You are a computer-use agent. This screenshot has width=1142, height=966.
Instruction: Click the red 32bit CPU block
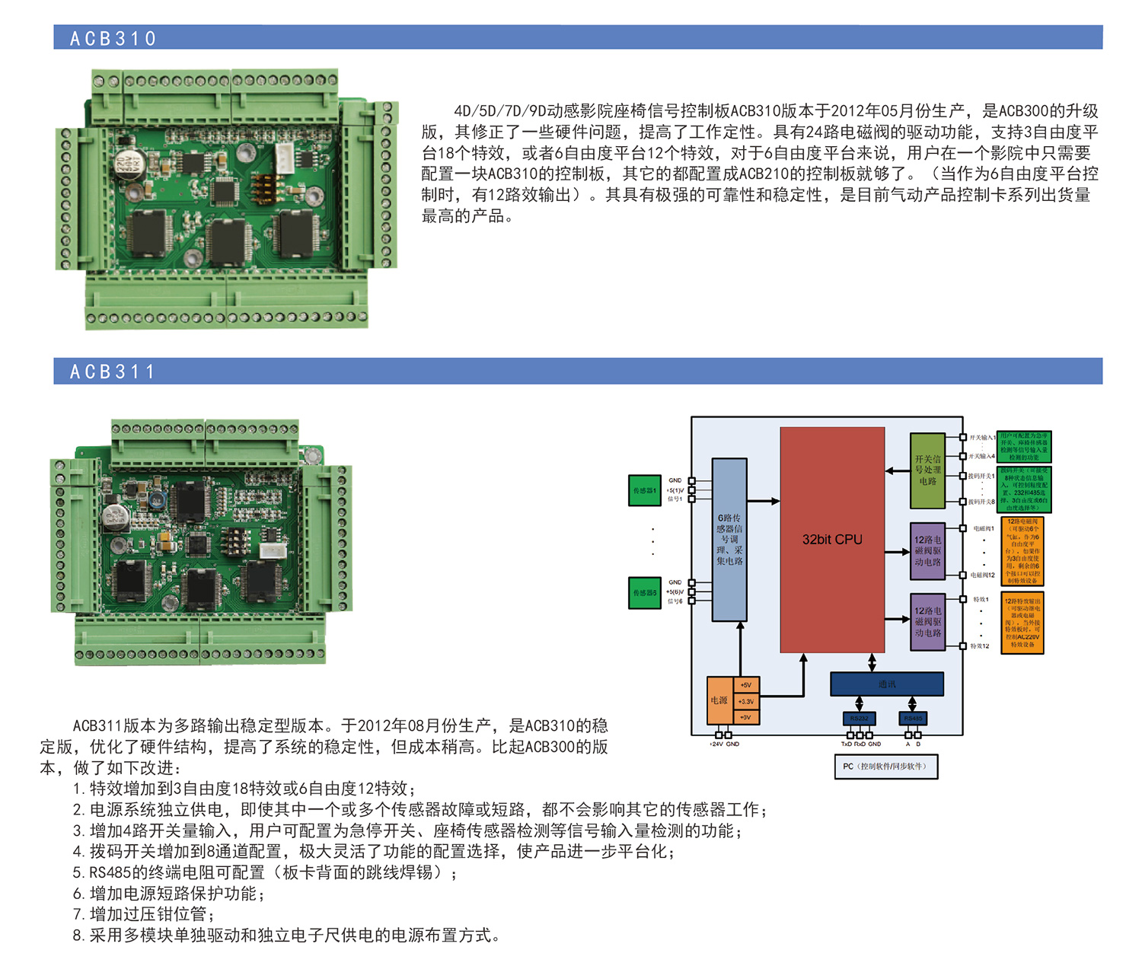point(832,539)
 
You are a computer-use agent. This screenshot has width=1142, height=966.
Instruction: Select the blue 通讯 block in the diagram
point(886,684)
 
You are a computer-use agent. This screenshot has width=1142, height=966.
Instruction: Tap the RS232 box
point(860,718)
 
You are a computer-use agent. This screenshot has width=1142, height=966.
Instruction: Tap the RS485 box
point(912,718)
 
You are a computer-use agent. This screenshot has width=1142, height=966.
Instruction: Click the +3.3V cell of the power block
point(746,701)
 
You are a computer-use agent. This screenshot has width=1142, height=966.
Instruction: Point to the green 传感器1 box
point(644,490)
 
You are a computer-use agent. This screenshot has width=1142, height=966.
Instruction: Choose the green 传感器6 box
point(644,592)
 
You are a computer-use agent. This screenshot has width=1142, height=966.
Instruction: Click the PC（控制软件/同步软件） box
point(885,766)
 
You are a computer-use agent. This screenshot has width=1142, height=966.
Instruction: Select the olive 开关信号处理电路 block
point(927,470)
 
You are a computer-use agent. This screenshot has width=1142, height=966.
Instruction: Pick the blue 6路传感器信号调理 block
point(729,539)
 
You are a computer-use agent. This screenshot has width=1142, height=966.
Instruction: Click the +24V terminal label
point(716,744)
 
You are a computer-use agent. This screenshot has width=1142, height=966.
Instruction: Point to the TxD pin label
point(847,744)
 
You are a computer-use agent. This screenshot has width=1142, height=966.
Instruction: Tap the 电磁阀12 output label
point(982,575)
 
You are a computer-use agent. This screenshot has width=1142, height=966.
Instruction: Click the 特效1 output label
point(981,599)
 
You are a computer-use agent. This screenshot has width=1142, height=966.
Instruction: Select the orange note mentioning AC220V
point(1022,622)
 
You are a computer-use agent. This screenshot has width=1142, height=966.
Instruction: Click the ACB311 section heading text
point(112,371)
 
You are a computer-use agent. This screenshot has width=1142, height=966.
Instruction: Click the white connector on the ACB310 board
point(284,157)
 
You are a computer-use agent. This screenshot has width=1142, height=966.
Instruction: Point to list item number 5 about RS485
point(264,872)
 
